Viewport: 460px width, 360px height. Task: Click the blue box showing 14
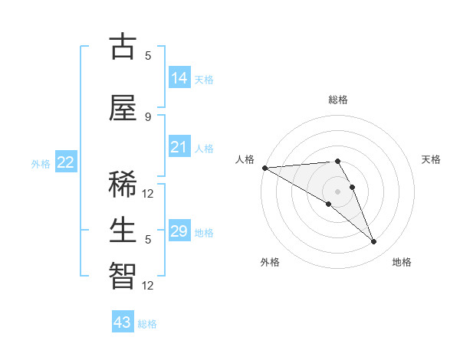click(x=179, y=78)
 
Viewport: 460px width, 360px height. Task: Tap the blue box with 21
click(x=179, y=147)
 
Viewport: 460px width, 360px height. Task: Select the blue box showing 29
click(x=179, y=231)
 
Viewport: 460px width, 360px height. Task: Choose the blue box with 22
click(x=66, y=162)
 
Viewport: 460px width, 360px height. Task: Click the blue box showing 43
click(x=123, y=322)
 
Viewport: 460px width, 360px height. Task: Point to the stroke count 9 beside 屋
click(x=148, y=116)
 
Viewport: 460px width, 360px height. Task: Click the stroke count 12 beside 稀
click(x=148, y=194)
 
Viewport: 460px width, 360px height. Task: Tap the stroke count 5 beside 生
click(x=148, y=240)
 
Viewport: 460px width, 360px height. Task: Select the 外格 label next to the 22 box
click(x=41, y=163)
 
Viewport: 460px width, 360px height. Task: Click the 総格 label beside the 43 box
click(x=147, y=324)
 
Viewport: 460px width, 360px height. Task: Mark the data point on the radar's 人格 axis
click(x=264, y=168)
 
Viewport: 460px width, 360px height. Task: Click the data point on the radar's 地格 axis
click(x=373, y=242)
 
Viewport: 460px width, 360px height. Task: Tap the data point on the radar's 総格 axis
click(x=337, y=161)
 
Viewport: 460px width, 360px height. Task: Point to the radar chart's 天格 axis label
click(x=431, y=159)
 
